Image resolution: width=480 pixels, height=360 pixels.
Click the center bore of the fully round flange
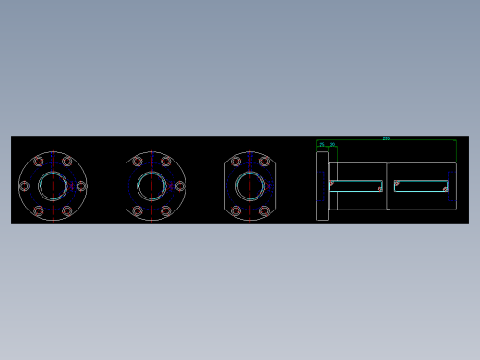tap(53, 186)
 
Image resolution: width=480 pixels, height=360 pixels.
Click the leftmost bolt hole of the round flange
tap(24, 186)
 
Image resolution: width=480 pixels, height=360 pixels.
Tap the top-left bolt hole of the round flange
tap(39, 162)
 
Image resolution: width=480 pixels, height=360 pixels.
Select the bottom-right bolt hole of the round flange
tap(66, 211)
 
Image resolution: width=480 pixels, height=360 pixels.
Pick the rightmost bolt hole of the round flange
tap(81, 186)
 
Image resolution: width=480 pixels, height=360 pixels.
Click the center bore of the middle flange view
tap(151, 186)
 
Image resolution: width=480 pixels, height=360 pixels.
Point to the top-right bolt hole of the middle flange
tap(166, 162)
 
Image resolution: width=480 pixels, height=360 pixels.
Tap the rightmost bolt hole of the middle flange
tap(180, 186)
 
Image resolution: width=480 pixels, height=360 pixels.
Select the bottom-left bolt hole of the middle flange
tap(138, 211)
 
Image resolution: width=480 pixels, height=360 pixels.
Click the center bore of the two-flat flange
tap(250, 186)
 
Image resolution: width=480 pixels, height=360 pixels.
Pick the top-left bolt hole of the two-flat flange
tap(235, 162)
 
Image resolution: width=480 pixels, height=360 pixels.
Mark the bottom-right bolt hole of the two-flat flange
tap(264, 211)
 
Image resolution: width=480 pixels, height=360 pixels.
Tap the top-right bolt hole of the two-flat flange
tap(264, 162)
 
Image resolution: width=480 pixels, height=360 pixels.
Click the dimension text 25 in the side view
tap(322, 145)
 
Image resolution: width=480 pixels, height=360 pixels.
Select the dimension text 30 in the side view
tap(332, 145)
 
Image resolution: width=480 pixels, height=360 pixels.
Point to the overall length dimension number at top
tap(386, 138)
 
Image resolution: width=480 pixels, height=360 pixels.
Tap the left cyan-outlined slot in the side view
tap(355, 186)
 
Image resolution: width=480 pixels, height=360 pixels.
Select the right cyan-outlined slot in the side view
tap(421, 186)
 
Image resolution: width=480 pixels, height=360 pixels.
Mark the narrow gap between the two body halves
tap(388, 186)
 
